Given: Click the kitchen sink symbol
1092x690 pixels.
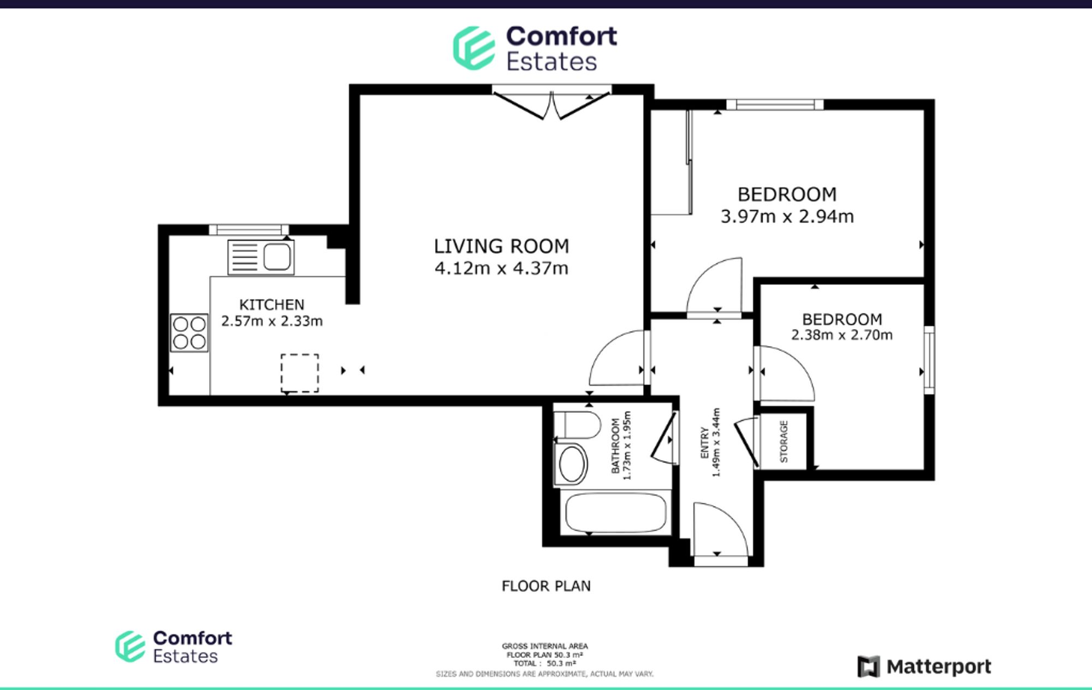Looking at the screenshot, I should pyautogui.click(x=261, y=257).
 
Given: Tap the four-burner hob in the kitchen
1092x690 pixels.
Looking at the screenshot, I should pyautogui.click(x=189, y=332).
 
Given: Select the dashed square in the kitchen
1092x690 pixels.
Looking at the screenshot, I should pyautogui.click(x=300, y=373).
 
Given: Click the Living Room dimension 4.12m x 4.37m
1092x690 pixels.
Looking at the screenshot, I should pyautogui.click(x=501, y=269).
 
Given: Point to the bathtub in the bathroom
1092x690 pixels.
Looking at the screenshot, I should pyautogui.click(x=616, y=513).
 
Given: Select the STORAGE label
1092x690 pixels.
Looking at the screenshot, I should pyautogui.click(x=784, y=442).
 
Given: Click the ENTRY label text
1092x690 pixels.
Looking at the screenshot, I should pyautogui.click(x=704, y=443).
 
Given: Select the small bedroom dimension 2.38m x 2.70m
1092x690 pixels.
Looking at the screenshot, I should pyautogui.click(x=842, y=335).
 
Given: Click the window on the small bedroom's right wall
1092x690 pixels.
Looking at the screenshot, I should pyautogui.click(x=929, y=360).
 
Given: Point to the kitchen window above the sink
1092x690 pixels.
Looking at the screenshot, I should pyautogui.click(x=249, y=230).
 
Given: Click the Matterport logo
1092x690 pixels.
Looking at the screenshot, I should pyautogui.click(x=924, y=667).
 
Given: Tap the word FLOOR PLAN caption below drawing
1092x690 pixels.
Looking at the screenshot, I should pyautogui.click(x=546, y=586).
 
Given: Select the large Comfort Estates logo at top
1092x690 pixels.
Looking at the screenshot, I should pyautogui.click(x=535, y=49).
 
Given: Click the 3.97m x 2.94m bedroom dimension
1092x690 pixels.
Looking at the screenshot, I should pyautogui.click(x=787, y=217).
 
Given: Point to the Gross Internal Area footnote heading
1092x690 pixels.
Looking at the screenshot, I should pyautogui.click(x=545, y=646).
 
